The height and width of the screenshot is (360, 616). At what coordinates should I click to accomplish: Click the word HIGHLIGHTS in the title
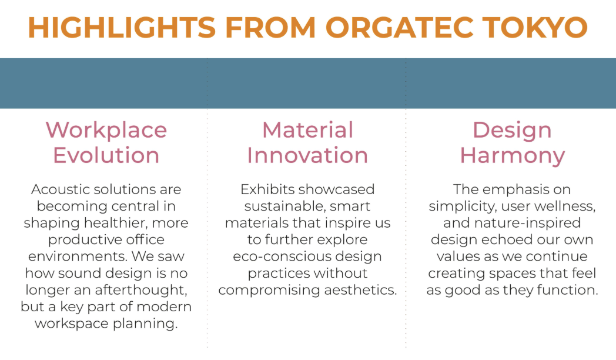point(122,28)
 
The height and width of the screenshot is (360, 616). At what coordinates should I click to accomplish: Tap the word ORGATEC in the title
point(399,28)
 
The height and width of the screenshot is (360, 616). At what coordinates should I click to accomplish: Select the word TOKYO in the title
point(535,28)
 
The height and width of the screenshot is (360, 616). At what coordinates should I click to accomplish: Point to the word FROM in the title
point(270,28)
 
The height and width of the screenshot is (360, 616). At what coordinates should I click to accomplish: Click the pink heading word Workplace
point(106,130)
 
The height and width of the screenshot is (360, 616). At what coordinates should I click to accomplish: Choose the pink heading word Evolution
point(106,155)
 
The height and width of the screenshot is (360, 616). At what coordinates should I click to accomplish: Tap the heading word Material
point(307,130)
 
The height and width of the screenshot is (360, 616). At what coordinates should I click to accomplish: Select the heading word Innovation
point(307,155)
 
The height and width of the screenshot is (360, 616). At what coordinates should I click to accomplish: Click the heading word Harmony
point(513,156)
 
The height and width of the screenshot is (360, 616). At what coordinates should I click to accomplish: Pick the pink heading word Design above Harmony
point(512,131)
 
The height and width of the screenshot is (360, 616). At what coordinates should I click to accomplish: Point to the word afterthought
point(141,290)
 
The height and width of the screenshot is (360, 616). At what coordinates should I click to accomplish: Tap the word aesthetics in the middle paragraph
point(360,290)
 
